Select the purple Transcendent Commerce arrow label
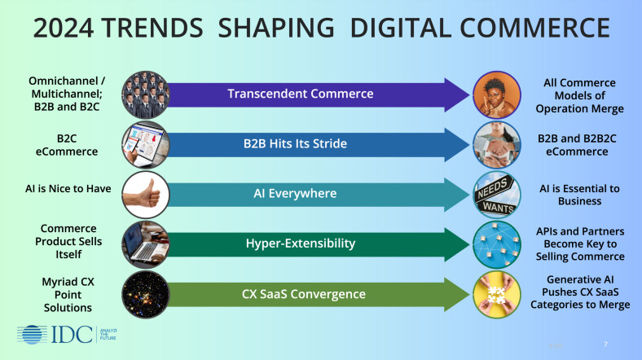(x=301, y=94)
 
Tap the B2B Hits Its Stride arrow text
(x=295, y=144)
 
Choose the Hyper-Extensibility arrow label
(x=301, y=244)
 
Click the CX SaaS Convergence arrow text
(x=301, y=294)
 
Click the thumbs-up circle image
(x=146, y=195)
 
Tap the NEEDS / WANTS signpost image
(x=496, y=195)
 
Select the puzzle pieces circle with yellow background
(x=496, y=294)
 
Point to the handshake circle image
(x=496, y=144)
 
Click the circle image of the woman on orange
(x=496, y=94)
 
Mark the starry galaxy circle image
(x=146, y=294)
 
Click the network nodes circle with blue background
(x=496, y=244)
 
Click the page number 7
(x=605, y=343)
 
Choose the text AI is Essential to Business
(x=579, y=195)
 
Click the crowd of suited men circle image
(x=146, y=94)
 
